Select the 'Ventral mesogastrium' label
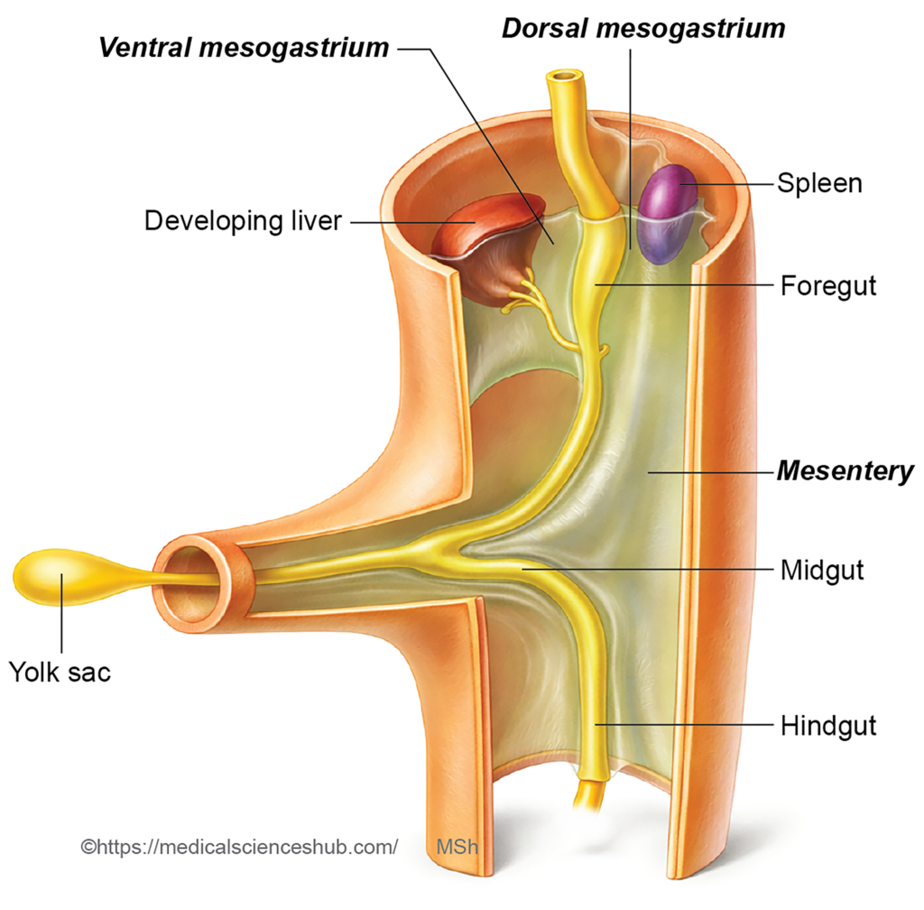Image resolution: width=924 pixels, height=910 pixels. pos(244,47)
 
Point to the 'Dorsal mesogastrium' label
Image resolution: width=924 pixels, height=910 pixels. pos(643,28)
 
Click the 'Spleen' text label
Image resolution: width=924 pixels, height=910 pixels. pos(819,183)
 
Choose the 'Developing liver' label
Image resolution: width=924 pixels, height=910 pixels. pos(243,220)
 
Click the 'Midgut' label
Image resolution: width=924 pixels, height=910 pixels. pos(822,570)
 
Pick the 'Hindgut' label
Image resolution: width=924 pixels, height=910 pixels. pos(828,725)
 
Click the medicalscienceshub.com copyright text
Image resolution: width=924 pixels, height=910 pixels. pos(239,847)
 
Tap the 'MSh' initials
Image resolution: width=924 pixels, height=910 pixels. pos(457,847)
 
